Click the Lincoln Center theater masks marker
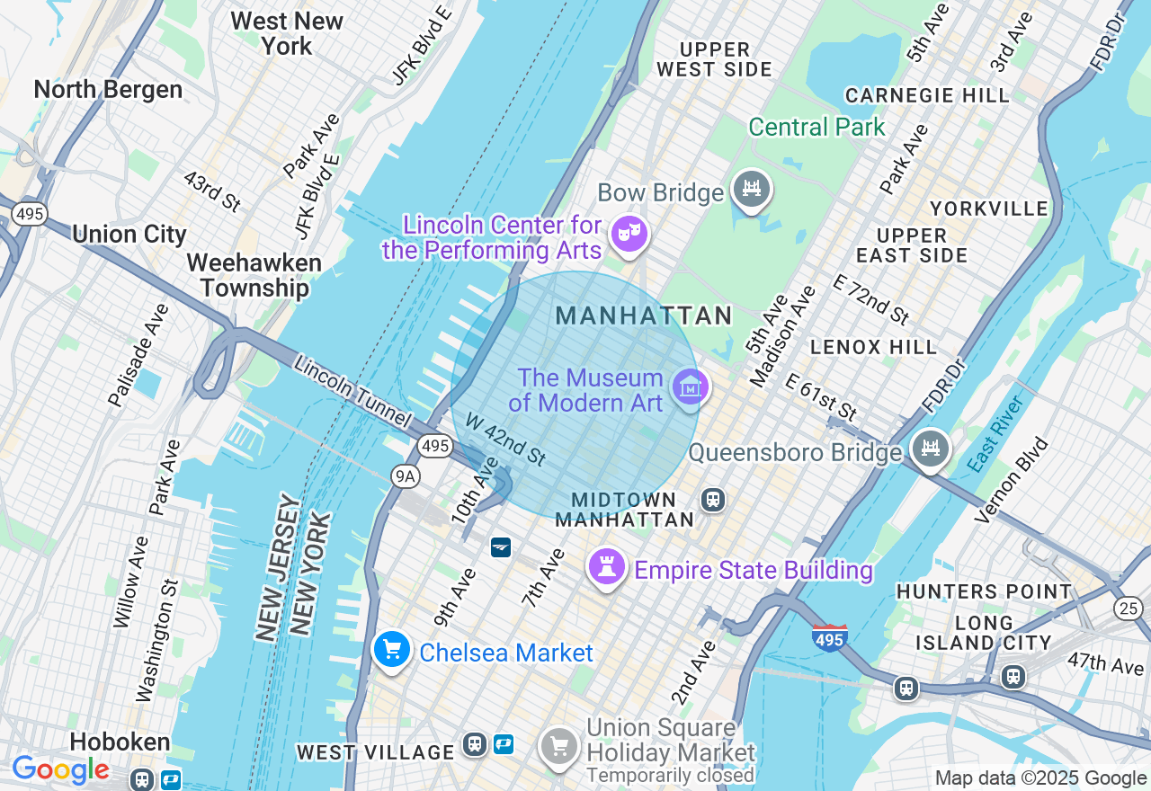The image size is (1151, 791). [x=628, y=234]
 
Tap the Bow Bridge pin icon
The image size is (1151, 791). [x=751, y=189]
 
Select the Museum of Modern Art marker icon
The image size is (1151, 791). [x=690, y=387]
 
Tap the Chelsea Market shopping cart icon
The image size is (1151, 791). [x=391, y=650]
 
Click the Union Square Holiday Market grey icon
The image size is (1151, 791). [x=559, y=745]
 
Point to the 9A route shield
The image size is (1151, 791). [x=406, y=476]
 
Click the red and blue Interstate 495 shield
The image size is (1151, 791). [x=828, y=638]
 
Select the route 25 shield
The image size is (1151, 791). [x=1129, y=609]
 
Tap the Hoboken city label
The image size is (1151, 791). [x=120, y=742]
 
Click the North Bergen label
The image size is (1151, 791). [x=108, y=90]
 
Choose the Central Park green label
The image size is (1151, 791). [x=816, y=128]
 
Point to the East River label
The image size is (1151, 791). [x=996, y=434]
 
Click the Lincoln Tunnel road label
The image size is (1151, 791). [x=352, y=393]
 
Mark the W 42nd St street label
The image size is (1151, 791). [x=504, y=439]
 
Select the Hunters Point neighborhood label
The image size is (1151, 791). [x=984, y=591]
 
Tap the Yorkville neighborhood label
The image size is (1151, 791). [x=989, y=209]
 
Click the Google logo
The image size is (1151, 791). [x=60, y=769]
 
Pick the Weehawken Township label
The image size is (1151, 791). [x=254, y=275]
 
